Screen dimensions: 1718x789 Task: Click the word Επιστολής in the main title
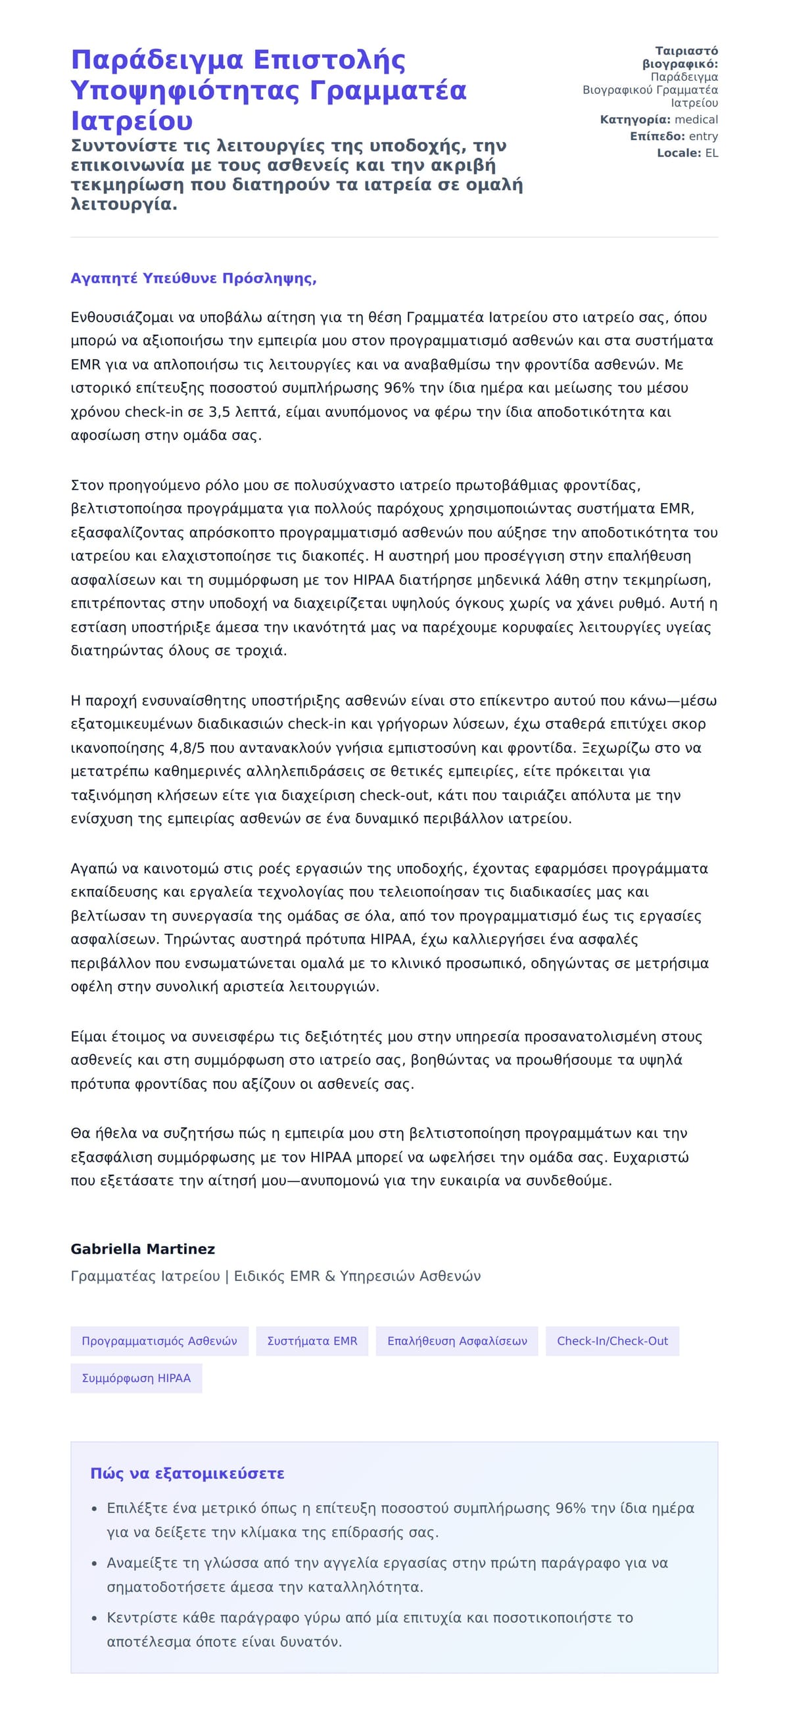[x=329, y=60]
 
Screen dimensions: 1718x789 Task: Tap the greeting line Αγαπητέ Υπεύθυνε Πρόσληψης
[x=193, y=278]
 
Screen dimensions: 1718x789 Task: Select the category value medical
[x=696, y=120]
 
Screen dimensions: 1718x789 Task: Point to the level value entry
[x=703, y=136]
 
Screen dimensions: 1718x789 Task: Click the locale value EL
[x=711, y=153]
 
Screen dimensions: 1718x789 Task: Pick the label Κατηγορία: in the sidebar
[x=635, y=120]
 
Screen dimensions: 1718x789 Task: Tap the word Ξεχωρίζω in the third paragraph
[x=614, y=748]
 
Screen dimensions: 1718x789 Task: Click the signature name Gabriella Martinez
[x=143, y=1249]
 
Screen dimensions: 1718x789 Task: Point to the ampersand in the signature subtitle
[x=329, y=1276]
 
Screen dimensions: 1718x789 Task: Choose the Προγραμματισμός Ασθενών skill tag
[x=159, y=1341]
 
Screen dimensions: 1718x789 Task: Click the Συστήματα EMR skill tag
[x=312, y=1341]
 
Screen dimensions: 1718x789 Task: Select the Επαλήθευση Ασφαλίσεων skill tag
[x=457, y=1341]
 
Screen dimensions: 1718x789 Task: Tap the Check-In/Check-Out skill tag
[x=612, y=1341]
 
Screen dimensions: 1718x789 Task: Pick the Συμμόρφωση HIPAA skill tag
[x=136, y=1378]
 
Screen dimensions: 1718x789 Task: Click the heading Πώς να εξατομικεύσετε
[x=187, y=1473]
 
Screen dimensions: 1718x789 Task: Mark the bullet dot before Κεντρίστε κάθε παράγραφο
[x=95, y=1618]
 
